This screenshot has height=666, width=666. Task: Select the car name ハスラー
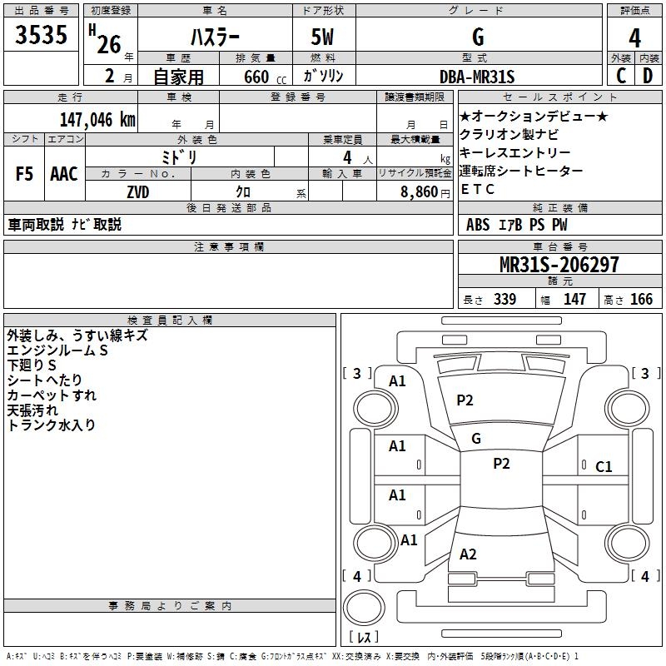tap(214, 37)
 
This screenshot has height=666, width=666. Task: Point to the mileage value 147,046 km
tap(97, 120)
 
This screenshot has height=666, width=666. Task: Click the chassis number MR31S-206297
tap(559, 265)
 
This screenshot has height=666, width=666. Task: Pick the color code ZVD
tap(138, 192)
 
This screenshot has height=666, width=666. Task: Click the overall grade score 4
tap(635, 37)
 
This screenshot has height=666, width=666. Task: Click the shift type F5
tap(24, 174)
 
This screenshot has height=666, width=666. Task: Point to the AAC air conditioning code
tap(64, 174)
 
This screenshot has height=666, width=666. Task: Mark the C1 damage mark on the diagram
tap(604, 467)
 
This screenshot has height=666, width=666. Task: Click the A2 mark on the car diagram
tap(468, 554)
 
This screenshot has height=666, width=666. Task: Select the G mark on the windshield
tap(476, 438)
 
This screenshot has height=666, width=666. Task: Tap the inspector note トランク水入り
tap(51, 425)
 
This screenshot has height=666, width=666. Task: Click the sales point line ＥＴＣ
tap(477, 189)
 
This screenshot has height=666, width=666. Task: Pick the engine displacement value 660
tap(256, 77)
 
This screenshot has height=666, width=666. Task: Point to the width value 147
tap(574, 300)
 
